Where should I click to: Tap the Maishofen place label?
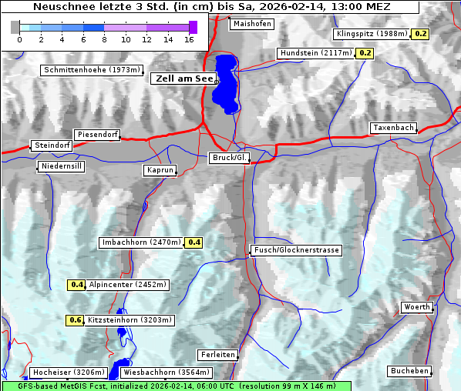coord(251,24)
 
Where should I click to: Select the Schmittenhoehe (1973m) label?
coord(91,70)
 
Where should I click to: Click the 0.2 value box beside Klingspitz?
coord(421,34)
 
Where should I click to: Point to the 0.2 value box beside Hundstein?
coord(365,53)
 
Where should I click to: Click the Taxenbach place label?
coord(393,128)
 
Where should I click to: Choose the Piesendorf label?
coord(97,135)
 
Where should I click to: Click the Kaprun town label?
coord(160,170)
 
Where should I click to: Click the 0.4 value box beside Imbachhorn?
coord(194,242)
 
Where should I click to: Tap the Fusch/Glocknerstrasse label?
coord(296,250)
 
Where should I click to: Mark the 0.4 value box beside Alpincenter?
coord(76,285)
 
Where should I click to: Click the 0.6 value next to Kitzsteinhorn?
coord(75,320)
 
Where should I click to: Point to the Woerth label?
coord(417,307)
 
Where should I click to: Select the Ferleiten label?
coord(217,355)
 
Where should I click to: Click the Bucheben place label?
coord(409,371)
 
